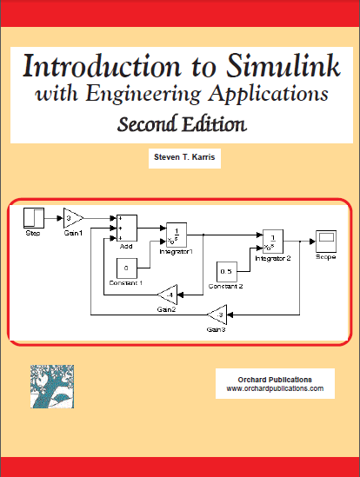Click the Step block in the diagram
pyautogui.click(x=34, y=218)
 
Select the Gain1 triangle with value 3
pyautogui.click(x=72, y=218)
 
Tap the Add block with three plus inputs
pyautogui.click(x=127, y=228)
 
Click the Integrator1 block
pyautogui.click(x=177, y=235)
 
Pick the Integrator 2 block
pyautogui.click(x=273, y=242)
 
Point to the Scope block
pyautogui.click(x=326, y=242)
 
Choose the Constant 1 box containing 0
pyautogui.click(x=127, y=268)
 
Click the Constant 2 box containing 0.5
pyautogui.click(x=227, y=272)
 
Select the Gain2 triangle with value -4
pyautogui.click(x=168, y=295)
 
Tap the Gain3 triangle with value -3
pyautogui.click(x=217, y=315)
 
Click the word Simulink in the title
pyautogui.click(x=283, y=66)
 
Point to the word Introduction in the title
pyautogui.click(x=102, y=66)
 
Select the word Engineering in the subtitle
pyautogui.click(x=143, y=94)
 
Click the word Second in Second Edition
pyautogui.click(x=148, y=124)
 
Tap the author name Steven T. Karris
pyautogui.click(x=184, y=157)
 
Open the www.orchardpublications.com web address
pyautogui.click(x=275, y=388)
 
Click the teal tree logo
pyautogui.click(x=52, y=387)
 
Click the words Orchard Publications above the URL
pyautogui.click(x=275, y=380)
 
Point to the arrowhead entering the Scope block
pyautogui.click(x=312, y=242)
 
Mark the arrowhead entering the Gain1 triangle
pyautogui.click(x=60, y=218)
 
